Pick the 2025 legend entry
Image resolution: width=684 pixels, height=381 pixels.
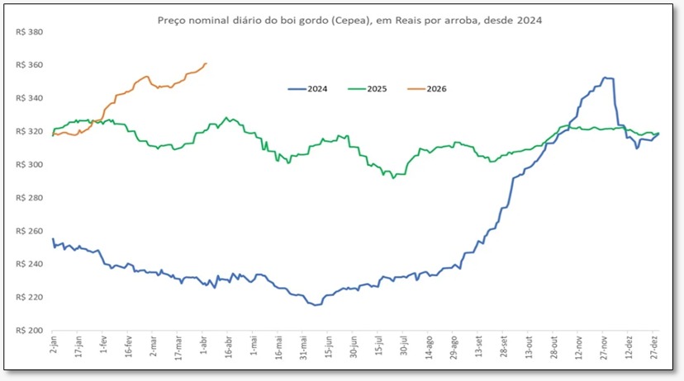[x=378, y=88]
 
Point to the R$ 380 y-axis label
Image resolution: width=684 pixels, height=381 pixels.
[x=29, y=33]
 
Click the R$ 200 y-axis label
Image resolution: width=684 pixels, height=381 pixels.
[x=29, y=331]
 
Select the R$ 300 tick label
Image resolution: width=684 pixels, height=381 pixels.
[x=29, y=165]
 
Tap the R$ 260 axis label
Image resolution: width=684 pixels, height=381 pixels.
[x=29, y=231]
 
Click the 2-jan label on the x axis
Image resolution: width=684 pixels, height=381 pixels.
[x=54, y=346]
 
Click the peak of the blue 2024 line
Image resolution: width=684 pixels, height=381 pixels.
[x=605, y=78]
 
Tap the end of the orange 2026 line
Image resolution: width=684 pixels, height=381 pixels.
[x=206, y=63]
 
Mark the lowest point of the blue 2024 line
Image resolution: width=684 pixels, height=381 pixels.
[x=315, y=305]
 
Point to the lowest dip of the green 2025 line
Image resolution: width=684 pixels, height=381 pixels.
[x=394, y=177]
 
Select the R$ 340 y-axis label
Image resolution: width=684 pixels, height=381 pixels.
[x=29, y=99]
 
